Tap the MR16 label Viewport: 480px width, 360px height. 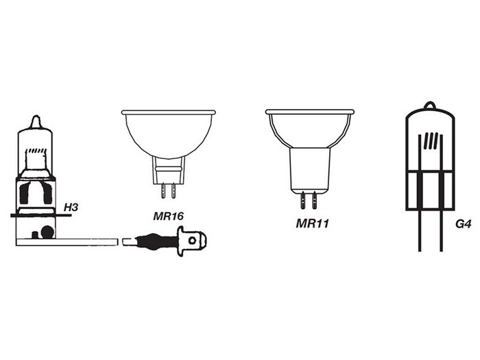point(168,216)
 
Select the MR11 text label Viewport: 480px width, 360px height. point(311,223)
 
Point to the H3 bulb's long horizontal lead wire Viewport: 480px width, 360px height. point(82,241)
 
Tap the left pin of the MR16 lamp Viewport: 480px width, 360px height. point(163,189)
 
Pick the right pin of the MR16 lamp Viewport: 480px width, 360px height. point(173,189)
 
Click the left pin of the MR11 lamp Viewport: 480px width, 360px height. point(304,200)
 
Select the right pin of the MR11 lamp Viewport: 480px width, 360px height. point(315,200)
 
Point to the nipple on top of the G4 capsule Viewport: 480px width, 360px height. point(429,106)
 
